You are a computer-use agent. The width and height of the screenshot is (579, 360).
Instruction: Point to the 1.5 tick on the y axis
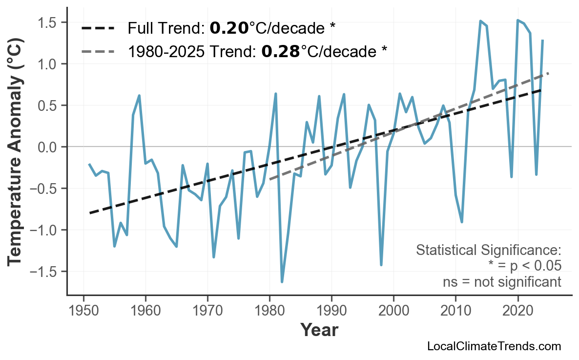pyautogui.click(x=51, y=23)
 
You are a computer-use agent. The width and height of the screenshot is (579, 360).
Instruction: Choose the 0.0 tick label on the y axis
pyautogui.click(x=51, y=147)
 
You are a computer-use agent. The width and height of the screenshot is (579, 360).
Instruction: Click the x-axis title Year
pyautogui.click(x=319, y=330)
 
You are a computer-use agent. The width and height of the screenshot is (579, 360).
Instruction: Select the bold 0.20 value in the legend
pyautogui.click(x=229, y=28)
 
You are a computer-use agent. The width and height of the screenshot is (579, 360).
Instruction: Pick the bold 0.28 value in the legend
pyautogui.click(x=281, y=51)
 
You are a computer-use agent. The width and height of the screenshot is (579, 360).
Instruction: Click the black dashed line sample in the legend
pyautogui.click(x=98, y=28)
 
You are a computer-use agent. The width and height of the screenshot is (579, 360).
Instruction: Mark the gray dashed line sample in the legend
pyautogui.click(x=98, y=51)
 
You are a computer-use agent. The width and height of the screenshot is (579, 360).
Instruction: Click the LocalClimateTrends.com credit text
pyautogui.click(x=494, y=346)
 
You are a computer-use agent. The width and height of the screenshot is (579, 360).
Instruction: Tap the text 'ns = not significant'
pyautogui.click(x=502, y=282)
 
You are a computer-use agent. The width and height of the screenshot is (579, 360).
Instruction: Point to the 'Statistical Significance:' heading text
pyautogui.click(x=489, y=251)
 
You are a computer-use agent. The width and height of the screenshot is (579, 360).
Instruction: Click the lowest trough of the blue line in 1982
pyautogui.click(x=282, y=282)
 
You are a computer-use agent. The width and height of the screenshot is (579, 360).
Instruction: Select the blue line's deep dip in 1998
pyautogui.click(x=381, y=265)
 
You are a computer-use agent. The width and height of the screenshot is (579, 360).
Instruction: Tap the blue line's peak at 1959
pyautogui.click(x=140, y=96)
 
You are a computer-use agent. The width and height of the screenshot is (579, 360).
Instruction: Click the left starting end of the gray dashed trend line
pyautogui.click(x=270, y=179)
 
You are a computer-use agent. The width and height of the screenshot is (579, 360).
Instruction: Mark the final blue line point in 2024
pyautogui.click(x=542, y=41)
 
